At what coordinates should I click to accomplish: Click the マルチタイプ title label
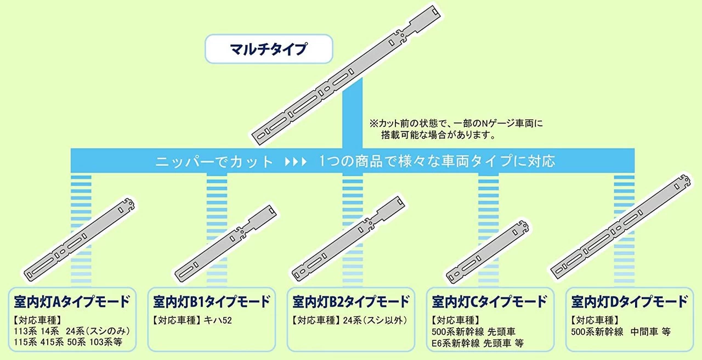click(x=269, y=49)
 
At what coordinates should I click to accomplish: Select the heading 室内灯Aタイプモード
click(x=72, y=302)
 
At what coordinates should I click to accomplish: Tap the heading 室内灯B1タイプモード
click(x=212, y=302)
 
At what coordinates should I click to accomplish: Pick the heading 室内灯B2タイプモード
click(x=351, y=302)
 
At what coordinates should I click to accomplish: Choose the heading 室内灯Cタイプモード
click(x=490, y=302)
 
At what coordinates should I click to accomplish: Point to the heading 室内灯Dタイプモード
click(x=629, y=302)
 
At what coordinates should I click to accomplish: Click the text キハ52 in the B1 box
click(x=218, y=320)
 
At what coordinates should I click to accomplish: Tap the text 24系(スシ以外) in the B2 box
click(x=375, y=320)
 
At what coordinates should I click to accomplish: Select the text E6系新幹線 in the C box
click(x=456, y=344)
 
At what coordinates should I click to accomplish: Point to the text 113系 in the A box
click(x=25, y=331)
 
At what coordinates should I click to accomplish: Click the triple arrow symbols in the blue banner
click(x=296, y=162)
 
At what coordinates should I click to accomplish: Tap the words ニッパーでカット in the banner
click(x=214, y=162)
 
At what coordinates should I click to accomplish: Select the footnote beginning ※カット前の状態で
click(x=456, y=129)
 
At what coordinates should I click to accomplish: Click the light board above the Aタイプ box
click(x=80, y=240)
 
